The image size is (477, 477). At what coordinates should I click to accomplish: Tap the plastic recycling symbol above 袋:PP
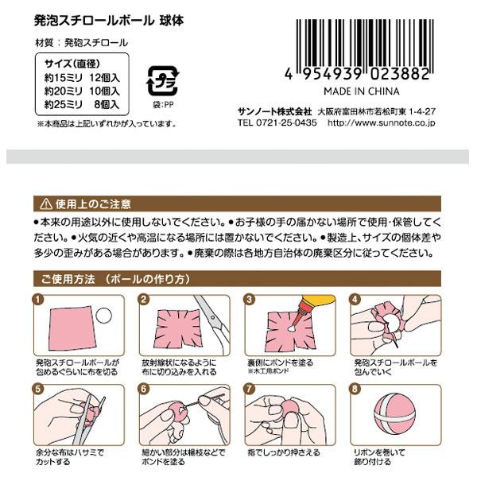(x=163, y=82)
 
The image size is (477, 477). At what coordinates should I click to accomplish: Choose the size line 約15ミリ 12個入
(x=81, y=77)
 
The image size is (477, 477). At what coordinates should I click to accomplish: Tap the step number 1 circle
(x=37, y=300)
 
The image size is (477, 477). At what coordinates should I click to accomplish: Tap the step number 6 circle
(x=144, y=390)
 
